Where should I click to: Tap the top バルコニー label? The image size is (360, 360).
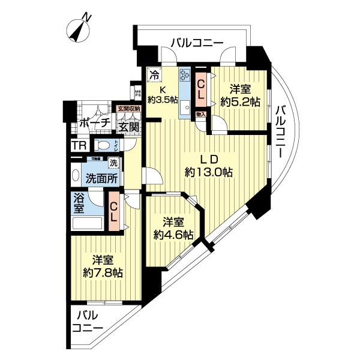(x=196, y=43)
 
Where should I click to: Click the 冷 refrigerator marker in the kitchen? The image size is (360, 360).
(x=154, y=76)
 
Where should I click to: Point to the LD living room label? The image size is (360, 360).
(x=208, y=160)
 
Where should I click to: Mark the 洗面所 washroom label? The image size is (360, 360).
(x=100, y=178)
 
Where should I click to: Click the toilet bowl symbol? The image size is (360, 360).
(x=104, y=145)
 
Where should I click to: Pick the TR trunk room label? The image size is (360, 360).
(x=79, y=146)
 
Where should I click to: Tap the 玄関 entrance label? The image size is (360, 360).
(x=128, y=127)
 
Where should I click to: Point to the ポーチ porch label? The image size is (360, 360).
(x=94, y=123)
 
